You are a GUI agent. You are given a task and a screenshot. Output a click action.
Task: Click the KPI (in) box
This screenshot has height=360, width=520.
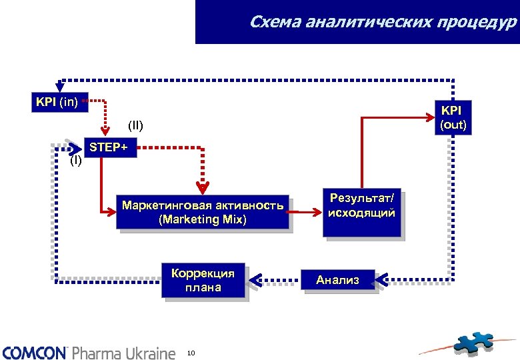(57, 102)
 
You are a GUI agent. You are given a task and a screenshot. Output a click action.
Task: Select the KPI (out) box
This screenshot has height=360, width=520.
(453, 117)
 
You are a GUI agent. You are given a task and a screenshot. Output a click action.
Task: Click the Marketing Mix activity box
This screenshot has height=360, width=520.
(203, 213)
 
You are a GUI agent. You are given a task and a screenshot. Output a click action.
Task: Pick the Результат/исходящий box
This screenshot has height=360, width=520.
(362, 212)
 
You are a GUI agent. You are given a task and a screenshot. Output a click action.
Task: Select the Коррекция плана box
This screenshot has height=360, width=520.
(203, 280)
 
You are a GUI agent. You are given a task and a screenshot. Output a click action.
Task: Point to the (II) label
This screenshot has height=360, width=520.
(136, 125)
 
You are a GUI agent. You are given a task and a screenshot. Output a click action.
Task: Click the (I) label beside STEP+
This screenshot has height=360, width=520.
(77, 161)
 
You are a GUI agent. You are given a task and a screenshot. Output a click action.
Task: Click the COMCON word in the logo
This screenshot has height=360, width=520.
(35, 352)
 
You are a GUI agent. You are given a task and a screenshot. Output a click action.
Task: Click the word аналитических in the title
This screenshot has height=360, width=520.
(361, 23)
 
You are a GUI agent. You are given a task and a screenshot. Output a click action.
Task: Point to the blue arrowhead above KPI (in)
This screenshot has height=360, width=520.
(60, 85)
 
